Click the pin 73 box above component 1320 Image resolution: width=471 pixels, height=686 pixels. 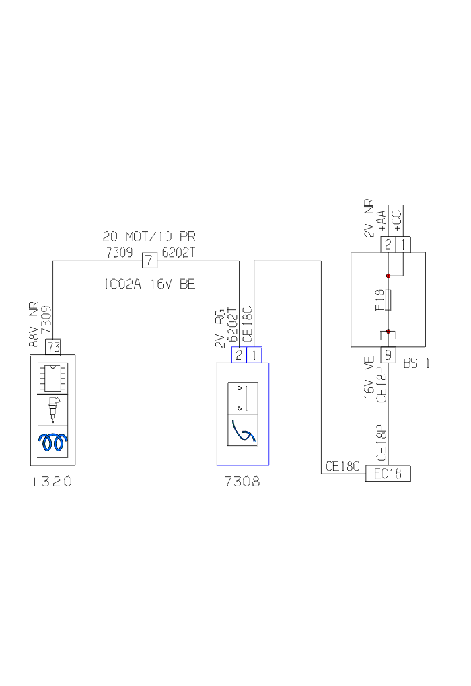click(53, 347)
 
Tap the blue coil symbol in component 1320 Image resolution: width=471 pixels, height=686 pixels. click(53, 442)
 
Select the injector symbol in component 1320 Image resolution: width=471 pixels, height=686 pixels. click(53, 408)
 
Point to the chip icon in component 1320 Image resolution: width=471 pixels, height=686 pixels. click(53, 378)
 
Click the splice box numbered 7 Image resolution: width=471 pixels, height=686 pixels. click(149, 259)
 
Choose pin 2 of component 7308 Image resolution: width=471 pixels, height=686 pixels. click(239, 355)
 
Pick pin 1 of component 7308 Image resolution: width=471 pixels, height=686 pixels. click(254, 355)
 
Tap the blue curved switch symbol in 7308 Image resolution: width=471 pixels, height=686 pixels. click(243, 430)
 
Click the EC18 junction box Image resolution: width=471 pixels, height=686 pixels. click(388, 473)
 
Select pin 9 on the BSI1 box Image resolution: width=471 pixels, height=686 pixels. click(388, 354)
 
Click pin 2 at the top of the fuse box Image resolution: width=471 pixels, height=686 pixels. click(388, 245)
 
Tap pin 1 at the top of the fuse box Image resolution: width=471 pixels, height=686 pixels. click(403, 245)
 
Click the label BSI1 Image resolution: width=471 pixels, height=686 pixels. click(416, 363)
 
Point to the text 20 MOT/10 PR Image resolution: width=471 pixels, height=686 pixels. click(149, 237)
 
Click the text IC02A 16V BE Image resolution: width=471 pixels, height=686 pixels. click(149, 284)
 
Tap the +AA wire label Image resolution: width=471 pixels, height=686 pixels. click(382, 220)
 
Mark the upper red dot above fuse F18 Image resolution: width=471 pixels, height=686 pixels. click(388, 276)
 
